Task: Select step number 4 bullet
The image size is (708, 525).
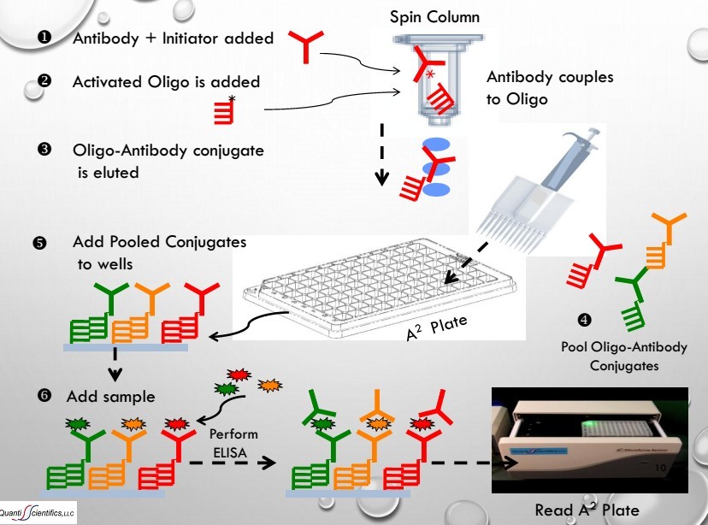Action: [585, 321]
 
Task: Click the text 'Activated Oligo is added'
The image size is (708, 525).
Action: [166, 82]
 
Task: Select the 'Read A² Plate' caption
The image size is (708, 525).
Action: [587, 510]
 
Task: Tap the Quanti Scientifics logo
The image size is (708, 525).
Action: [38, 511]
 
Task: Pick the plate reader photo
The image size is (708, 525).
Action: [591, 442]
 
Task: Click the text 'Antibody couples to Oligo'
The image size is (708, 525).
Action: [550, 87]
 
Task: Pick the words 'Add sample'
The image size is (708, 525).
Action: [110, 398]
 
